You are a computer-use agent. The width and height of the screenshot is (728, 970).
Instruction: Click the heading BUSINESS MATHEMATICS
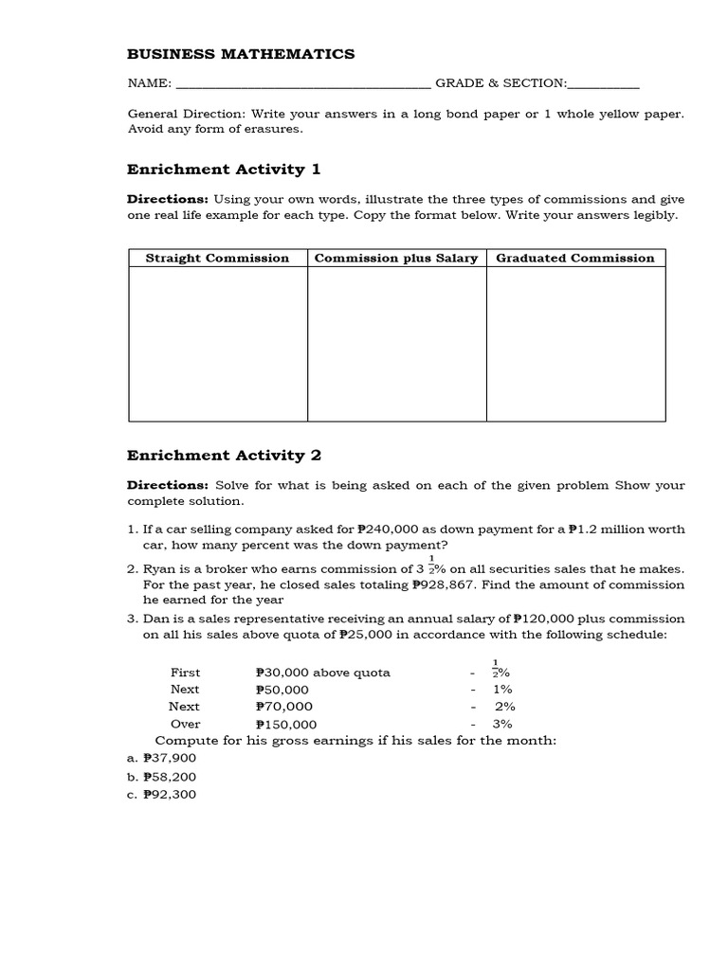click(241, 54)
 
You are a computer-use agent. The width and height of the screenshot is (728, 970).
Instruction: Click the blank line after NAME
click(302, 85)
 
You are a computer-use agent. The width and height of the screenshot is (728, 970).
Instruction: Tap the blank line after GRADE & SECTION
click(603, 85)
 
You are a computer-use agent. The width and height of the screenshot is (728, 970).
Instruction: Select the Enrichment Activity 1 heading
click(224, 170)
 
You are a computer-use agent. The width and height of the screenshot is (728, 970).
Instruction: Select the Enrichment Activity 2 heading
click(224, 456)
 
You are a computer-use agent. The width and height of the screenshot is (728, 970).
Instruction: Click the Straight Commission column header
click(217, 258)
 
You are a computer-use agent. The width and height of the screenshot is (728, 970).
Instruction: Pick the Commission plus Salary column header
click(395, 258)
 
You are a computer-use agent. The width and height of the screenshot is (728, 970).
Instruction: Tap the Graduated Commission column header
click(574, 258)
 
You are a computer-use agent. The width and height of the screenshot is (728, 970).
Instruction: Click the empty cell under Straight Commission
click(217, 344)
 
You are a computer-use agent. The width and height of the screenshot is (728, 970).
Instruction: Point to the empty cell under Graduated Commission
click(575, 344)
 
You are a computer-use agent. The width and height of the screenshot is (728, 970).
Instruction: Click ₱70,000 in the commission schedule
click(283, 707)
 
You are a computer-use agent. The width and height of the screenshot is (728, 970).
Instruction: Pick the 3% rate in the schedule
click(502, 724)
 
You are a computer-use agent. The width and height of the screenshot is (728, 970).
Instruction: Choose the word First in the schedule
click(185, 673)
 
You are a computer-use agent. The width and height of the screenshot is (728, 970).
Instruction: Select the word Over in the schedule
click(185, 724)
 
